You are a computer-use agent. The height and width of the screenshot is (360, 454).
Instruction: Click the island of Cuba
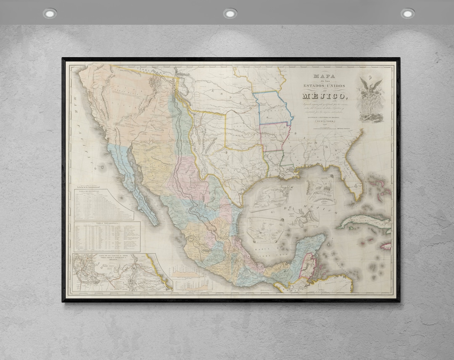364,221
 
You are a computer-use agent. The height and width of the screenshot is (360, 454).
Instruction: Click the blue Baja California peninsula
130,177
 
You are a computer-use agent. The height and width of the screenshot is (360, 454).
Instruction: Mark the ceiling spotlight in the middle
230,13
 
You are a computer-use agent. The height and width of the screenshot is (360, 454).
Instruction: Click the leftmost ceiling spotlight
50,13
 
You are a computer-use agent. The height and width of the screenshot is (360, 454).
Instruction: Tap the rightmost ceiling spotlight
407,13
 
